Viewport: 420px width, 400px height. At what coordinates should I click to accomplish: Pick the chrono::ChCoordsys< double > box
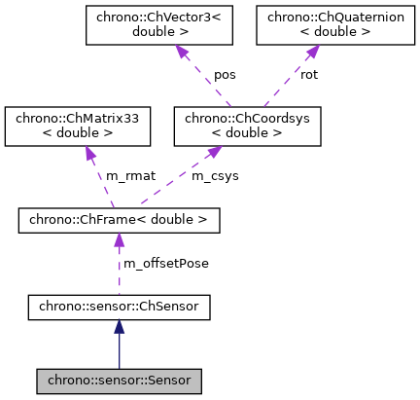246,126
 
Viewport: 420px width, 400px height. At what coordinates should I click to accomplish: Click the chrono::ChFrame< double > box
119,221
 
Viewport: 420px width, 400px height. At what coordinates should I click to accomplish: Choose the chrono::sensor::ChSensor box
119,309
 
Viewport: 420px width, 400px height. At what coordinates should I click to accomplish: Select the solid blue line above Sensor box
119,353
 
